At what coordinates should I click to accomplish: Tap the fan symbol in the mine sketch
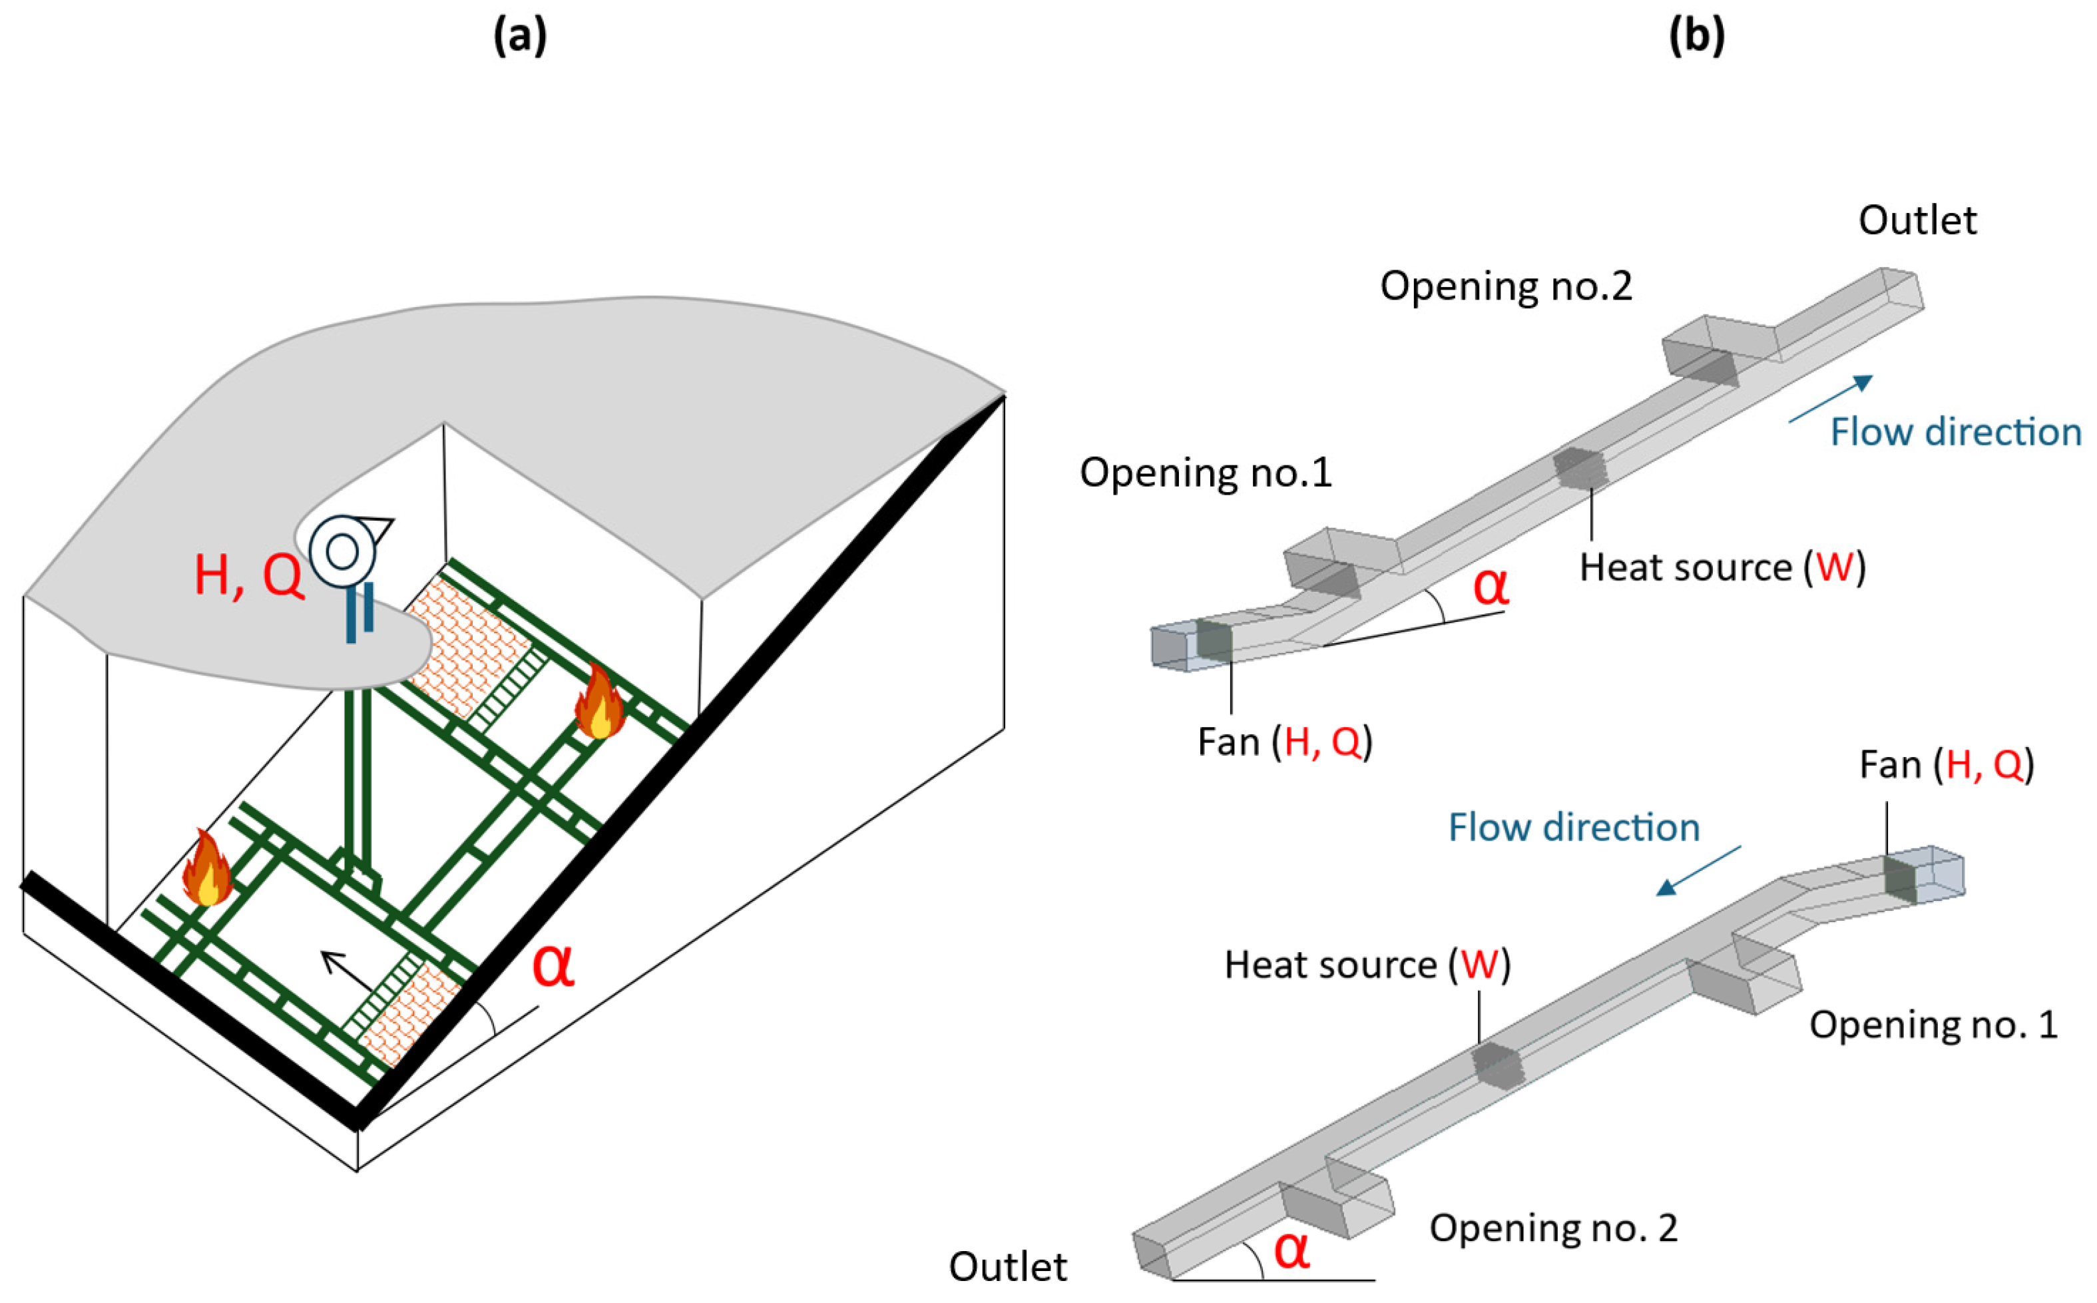pyautogui.click(x=344, y=551)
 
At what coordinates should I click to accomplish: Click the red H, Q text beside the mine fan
pyautogui.click(x=249, y=576)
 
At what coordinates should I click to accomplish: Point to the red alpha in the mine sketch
pyautogui.click(x=553, y=966)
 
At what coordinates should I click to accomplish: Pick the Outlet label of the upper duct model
pyautogui.click(x=1917, y=220)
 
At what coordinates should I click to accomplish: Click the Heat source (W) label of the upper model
pyautogui.click(x=1722, y=568)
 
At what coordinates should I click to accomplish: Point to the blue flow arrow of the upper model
pyautogui.click(x=1830, y=398)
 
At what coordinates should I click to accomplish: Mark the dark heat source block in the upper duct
pyautogui.click(x=1580, y=468)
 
